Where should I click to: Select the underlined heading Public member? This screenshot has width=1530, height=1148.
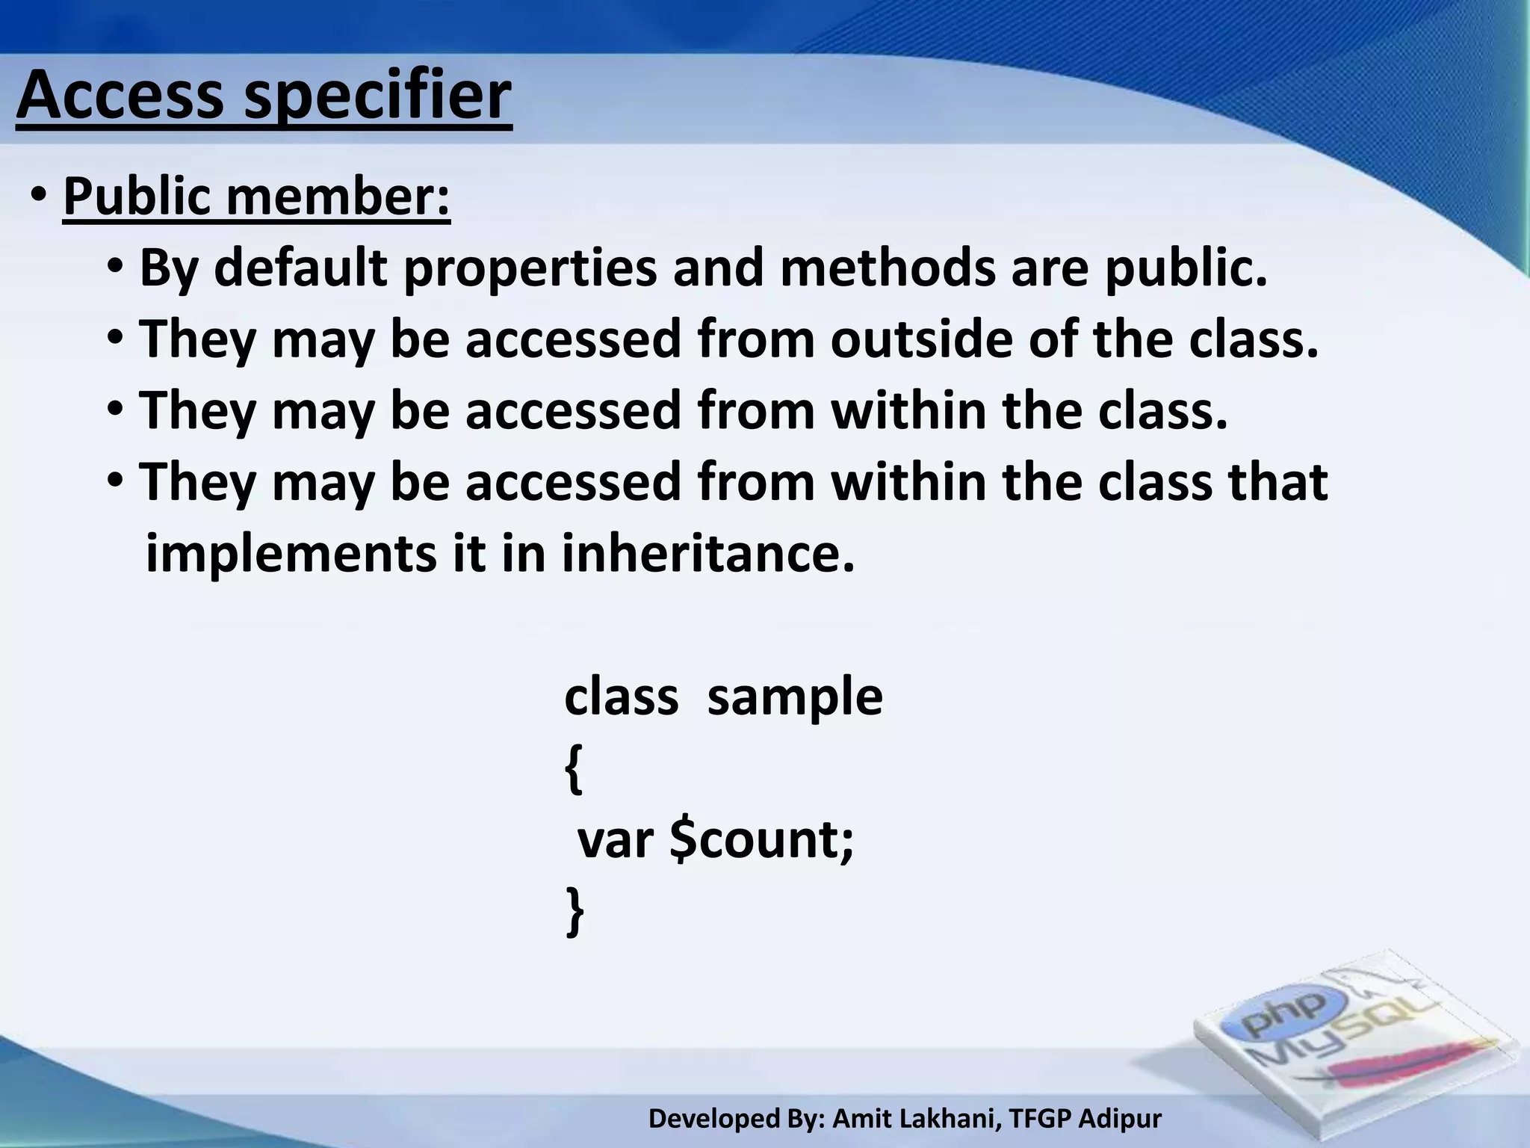click(257, 196)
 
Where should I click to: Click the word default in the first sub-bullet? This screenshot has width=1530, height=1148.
click(302, 268)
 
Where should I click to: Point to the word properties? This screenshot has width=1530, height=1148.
click(530, 269)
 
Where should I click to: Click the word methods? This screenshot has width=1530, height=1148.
click(888, 268)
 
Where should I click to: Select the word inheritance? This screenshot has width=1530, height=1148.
click(707, 553)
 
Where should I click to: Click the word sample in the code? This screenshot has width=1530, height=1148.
click(795, 697)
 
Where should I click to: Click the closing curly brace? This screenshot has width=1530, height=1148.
click(574, 912)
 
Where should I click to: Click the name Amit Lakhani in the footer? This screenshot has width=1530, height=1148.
click(917, 1119)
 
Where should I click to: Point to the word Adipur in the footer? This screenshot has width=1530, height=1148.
click(1121, 1119)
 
